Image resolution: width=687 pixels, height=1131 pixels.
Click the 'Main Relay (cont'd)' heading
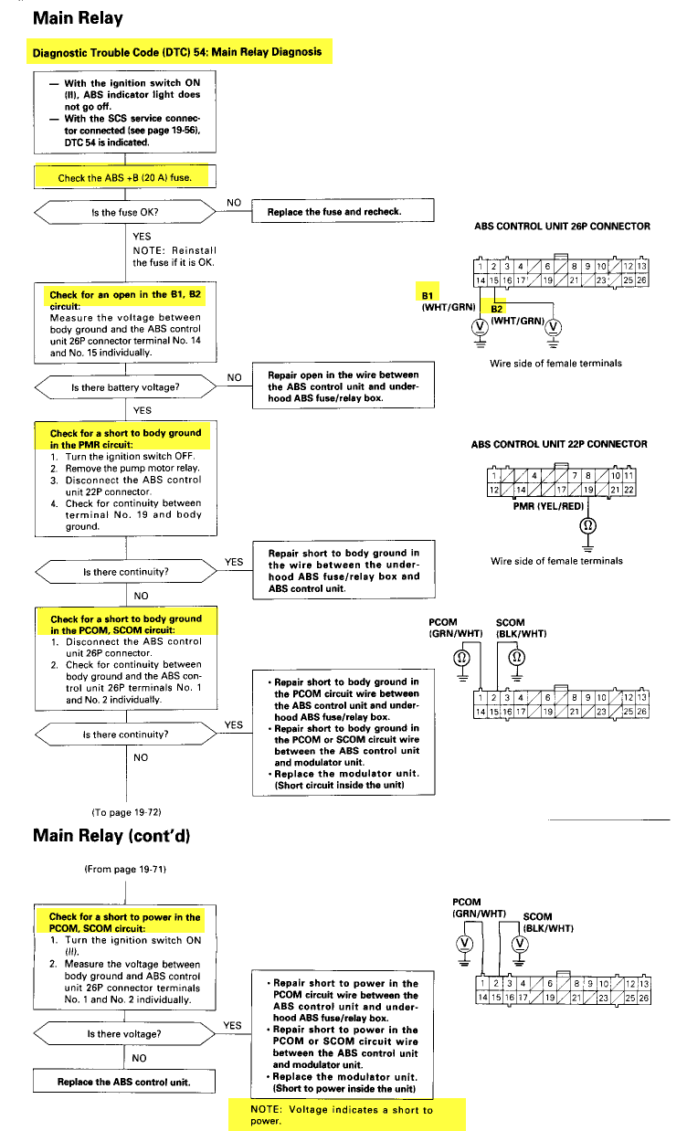tap(111, 836)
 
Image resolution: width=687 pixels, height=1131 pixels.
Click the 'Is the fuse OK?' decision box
tap(125, 212)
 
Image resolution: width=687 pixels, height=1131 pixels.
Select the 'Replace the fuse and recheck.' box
tap(343, 210)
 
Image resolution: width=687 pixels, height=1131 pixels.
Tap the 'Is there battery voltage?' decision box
tap(125, 387)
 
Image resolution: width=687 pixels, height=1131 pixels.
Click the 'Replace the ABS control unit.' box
tap(124, 1082)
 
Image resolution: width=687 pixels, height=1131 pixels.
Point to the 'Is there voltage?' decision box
tap(124, 1033)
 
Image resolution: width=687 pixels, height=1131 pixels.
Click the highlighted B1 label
tap(428, 295)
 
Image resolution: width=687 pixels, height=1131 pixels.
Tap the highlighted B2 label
tap(497, 309)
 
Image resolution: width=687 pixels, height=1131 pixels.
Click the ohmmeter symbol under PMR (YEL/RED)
tap(587, 525)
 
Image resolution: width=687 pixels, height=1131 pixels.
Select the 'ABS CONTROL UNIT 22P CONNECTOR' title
tap(559, 444)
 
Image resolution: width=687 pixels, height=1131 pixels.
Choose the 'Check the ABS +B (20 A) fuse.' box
tap(125, 177)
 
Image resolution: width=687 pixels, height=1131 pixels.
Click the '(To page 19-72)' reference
tap(126, 812)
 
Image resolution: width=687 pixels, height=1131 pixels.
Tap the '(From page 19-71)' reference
tap(125, 869)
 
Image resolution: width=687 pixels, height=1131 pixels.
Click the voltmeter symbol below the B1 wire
tap(480, 327)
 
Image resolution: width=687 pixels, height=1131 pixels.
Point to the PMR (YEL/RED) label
tap(548, 506)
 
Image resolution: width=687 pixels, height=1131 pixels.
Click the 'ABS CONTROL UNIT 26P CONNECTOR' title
tap(562, 227)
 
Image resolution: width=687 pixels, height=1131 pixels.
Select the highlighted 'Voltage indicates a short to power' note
tap(342, 1115)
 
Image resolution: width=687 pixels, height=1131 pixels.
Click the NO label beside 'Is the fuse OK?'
tap(234, 203)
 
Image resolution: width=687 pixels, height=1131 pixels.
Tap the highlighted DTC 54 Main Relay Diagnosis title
tap(177, 52)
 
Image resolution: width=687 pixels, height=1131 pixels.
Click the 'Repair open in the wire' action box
tap(343, 386)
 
